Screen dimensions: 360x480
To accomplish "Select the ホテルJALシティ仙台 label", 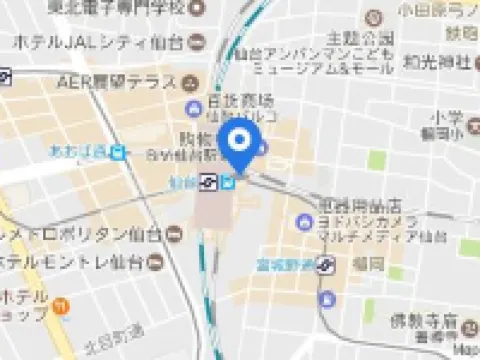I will click(x=98, y=42).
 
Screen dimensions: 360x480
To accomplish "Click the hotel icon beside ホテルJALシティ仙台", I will click(x=196, y=42).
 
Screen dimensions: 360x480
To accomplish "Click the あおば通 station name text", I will click(x=78, y=152).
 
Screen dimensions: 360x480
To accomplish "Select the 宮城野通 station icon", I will click(x=326, y=266).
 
